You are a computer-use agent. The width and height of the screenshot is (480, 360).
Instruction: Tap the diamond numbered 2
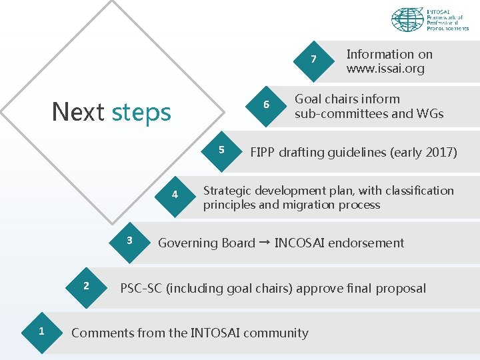pyautogui.click(x=86, y=287)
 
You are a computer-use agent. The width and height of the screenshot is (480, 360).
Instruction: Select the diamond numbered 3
pyautogui.click(x=130, y=241)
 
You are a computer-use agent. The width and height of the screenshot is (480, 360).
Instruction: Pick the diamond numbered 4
pyautogui.click(x=175, y=195)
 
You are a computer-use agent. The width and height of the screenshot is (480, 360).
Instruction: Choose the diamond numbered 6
pyautogui.click(x=266, y=105)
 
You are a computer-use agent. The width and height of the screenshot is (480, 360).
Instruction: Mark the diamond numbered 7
pyautogui.click(x=313, y=60)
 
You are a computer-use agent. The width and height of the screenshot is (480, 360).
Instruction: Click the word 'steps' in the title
pyautogui.click(x=141, y=112)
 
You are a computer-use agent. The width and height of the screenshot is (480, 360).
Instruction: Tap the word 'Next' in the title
pyautogui.click(x=78, y=112)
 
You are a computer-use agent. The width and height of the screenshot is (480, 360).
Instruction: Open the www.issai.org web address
pyautogui.click(x=385, y=69)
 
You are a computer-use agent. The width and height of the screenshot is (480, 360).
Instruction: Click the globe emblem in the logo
pyautogui.click(x=407, y=20)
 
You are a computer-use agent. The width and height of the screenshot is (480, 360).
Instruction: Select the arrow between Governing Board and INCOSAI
pyautogui.click(x=265, y=243)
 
